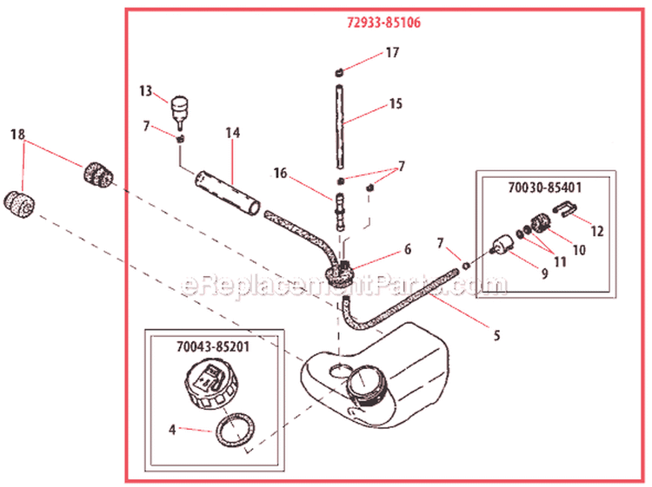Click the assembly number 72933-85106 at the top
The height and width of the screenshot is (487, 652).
pyautogui.click(x=378, y=23)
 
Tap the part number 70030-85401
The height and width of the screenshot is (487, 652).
pyautogui.click(x=543, y=185)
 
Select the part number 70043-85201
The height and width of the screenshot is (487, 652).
pyautogui.click(x=214, y=344)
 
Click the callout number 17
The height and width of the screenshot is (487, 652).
pyautogui.click(x=392, y=53)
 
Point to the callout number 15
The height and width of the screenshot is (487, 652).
pyautogui.click(x=395, y=104)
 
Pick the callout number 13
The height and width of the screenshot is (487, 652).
pyautogui.click(x=145, y=90)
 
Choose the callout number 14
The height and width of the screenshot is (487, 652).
pyautogui.click(x=232, y=134)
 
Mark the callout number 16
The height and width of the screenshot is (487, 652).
pyautogui.click(x=279, y=174)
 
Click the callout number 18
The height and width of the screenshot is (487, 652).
pyautogui.click(x=17, y=135)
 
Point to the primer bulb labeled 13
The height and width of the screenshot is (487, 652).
pyautogui.click(x=180, y=108)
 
